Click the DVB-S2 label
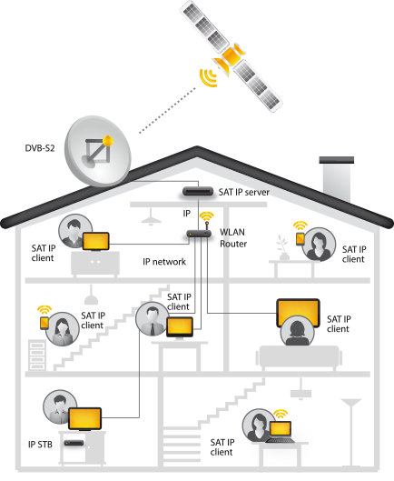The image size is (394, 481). pos(40,148)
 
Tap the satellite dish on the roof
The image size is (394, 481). pos(97,151)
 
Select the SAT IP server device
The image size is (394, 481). pos(198,192)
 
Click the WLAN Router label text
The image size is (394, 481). pos(232,237)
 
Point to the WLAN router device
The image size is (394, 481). pos(199,234)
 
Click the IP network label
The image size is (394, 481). pos(164,262)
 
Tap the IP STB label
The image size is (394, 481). pos(40,445)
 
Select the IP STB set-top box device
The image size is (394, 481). pos(74,443)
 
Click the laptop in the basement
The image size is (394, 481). pos(281,432)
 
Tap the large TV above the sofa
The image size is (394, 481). pos(298,312)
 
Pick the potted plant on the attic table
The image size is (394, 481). pos(283,248)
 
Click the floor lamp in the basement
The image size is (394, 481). pos(351,433)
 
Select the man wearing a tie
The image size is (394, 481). pos(153,319)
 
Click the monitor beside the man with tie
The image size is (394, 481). pos(180,327)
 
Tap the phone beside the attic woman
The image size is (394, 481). pos(300,239)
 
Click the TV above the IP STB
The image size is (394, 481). pos(84,419)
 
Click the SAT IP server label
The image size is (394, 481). pos(244,193)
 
